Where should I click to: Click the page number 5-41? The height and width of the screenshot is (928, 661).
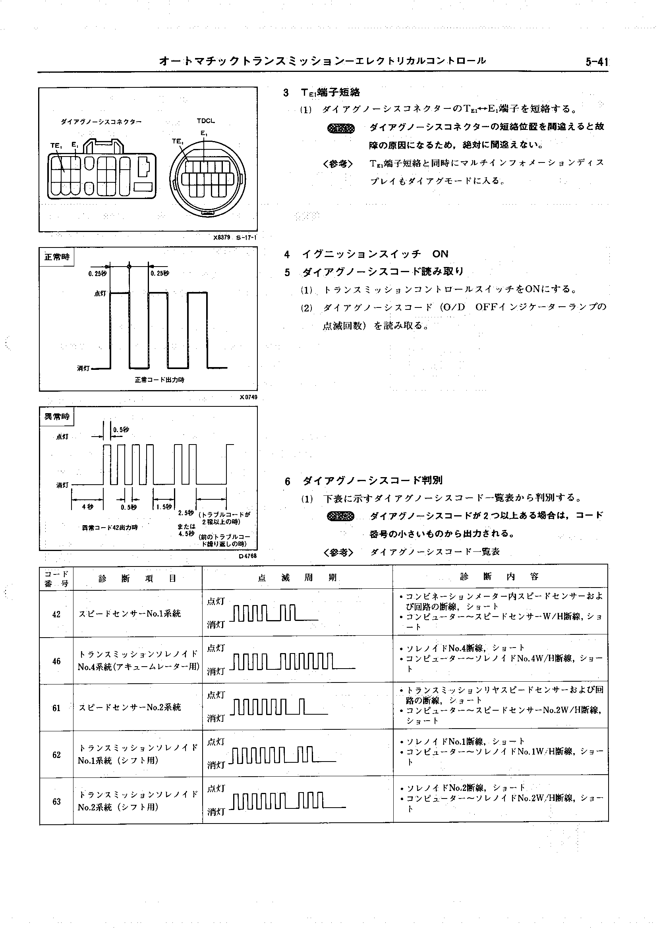point(596,62)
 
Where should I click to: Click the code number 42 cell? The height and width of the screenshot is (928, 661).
point(56,614)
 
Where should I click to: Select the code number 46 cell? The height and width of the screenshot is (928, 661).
point(56,661)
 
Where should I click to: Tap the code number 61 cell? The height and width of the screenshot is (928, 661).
point(56,708)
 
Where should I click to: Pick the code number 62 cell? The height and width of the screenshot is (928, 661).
point(56,755)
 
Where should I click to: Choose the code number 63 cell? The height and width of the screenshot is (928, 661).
point(56,802)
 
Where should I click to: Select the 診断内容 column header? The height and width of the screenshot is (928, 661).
point(499,576)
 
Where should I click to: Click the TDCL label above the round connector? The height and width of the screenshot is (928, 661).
point(205,121)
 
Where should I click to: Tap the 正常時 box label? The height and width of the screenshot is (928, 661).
point(57,257)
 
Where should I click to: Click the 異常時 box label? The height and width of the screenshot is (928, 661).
point(57,416)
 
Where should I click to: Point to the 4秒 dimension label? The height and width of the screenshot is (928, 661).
point(87,507)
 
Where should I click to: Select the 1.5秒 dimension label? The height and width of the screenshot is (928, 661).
point(164,507)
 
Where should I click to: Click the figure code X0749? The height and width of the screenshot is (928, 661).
point(248,397)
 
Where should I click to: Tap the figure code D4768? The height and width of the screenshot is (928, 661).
point(248,556)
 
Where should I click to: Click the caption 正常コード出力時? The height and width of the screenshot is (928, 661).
point(160,380)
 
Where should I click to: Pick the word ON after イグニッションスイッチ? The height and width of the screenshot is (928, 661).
point(441,254)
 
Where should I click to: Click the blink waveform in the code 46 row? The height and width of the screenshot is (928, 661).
point(292,662)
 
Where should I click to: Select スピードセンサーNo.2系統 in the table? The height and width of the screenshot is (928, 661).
point(130,708)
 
